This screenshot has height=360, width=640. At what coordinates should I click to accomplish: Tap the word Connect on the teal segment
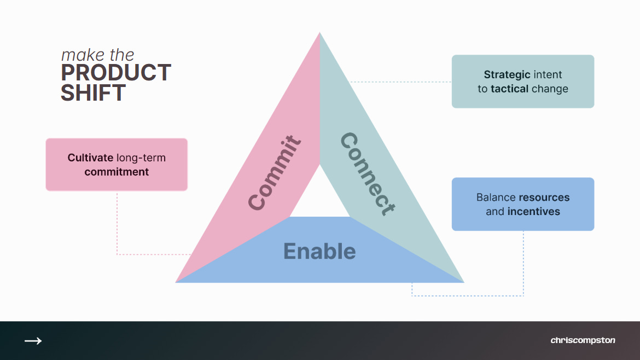click(367, 174)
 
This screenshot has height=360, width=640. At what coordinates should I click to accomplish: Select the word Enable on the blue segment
click(319, 251)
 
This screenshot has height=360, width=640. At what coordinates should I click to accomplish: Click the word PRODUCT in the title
click(116, 73)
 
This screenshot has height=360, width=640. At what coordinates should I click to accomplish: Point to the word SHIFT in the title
click(93, 93)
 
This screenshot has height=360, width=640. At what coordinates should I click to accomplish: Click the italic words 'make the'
click(97, 55)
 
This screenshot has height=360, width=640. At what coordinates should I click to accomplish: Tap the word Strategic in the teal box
click(507, 74)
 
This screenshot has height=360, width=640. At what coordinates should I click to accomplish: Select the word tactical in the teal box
click(509, 89)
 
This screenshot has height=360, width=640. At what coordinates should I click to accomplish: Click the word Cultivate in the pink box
click(91, 158)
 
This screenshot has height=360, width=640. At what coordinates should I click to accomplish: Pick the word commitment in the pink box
click(117, 172)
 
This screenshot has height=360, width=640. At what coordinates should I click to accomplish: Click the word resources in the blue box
click(544, 197)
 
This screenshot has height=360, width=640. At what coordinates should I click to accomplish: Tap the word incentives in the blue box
click(534, 211)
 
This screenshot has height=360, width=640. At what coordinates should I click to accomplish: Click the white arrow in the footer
click(33, 341)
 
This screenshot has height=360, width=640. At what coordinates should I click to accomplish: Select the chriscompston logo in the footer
click(583, 340)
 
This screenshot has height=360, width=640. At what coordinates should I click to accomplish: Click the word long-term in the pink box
click(141, 158)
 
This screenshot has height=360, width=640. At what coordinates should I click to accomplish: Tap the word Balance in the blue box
click(496, 197)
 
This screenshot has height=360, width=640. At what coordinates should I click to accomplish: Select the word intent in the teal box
click(548, 74)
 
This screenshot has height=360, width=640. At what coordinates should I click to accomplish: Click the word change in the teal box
click(550, 89)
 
